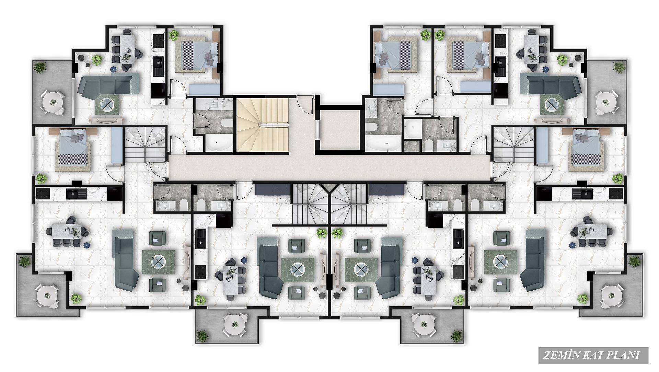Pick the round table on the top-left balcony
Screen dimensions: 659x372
click(53, 102)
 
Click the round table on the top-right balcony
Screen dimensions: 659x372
click(606, 102)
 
